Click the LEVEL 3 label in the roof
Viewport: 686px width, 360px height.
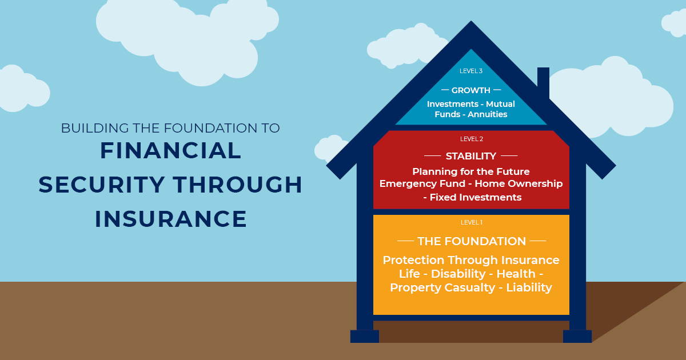pos(471,71)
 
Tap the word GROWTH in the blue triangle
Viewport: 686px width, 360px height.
pos(471,90)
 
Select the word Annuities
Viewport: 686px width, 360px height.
pos(487,114)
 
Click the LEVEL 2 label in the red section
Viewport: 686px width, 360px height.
pos(472,139)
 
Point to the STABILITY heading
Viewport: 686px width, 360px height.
pos(471,156)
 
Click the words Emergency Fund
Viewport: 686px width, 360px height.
pos(422,183)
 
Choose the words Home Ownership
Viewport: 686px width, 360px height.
pos(519,183)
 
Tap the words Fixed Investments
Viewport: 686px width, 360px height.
pos(476,198)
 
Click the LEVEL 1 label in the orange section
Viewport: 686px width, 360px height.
pos(472,222)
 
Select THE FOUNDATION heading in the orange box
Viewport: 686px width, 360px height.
pos(472,241)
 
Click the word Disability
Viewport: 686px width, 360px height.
pos(458,274)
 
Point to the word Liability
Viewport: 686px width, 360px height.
pos(529,288)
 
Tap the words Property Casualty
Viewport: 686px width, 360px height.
pos(442,288)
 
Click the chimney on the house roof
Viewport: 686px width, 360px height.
pos(543,82)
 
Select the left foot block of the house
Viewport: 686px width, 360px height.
pos(365,336)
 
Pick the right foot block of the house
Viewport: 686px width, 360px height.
pos(577,336)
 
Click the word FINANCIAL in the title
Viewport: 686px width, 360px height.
pos(170,151)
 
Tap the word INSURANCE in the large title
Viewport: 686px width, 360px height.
pos(170,219)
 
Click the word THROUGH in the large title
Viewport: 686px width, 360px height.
pos(238,185)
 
